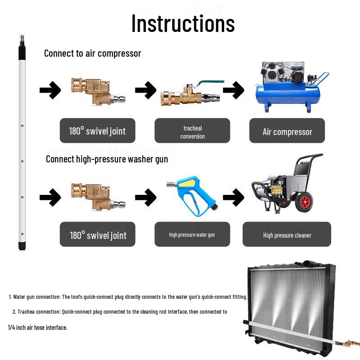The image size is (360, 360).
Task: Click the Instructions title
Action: (x=183, y=23)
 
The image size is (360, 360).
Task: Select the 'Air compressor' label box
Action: (x=287, y=130)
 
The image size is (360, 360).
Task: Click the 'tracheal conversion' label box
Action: (x=192, y=130)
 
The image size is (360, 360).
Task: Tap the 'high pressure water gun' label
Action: (x=192, y=234)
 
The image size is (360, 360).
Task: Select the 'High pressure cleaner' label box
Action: (x=287, y=234)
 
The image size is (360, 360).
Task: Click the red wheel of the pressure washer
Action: (x=304, y=202)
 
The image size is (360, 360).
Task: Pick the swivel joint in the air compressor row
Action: (x=98, y=92)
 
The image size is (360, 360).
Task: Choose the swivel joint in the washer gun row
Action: (x=98, y=197)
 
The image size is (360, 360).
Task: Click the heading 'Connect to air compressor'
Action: (x=93, y=53)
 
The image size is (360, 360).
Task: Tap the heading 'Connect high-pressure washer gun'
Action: (x=107, y=159)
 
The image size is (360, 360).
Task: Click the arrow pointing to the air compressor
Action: (x=234, y=90)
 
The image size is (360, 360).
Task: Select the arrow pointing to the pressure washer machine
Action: (x=234, y=197)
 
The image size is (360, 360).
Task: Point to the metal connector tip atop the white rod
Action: (x=22, y=40)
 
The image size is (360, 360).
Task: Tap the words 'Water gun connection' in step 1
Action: (x=37, y=297)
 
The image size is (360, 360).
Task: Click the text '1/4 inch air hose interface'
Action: (x=37, y=328)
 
